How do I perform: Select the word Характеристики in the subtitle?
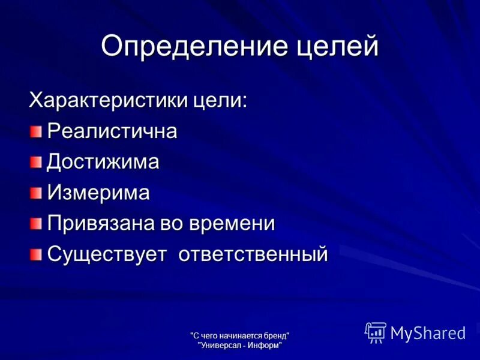(109, 100)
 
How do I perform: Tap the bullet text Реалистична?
(112, 131)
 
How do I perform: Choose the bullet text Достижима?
(103, 162)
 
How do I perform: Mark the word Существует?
(107, 254)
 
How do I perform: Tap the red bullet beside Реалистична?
(38, 131)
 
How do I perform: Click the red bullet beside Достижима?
(38, 162)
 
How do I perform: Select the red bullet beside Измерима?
(38, 193)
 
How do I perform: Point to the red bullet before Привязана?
(38, 224)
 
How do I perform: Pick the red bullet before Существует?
(38, 254)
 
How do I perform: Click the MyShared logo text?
(428, 332)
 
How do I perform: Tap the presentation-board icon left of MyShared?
(376, 332)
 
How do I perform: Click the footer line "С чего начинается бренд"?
(240, 334)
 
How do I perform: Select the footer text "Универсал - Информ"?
(240, 344)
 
